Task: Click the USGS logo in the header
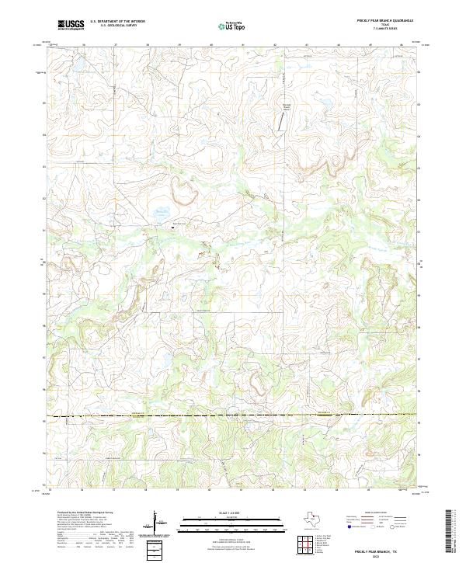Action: pyautogui.click(x=71, y=25)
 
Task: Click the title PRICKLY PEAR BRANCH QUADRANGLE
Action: pyautogui.click(x=384, y=20)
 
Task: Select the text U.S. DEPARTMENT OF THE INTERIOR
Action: pyautogui.click(x=116, y=22)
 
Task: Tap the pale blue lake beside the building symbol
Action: pyautogui.click(x=162, y=210)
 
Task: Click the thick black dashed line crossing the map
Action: pyautogui.click(x=233, y=416)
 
